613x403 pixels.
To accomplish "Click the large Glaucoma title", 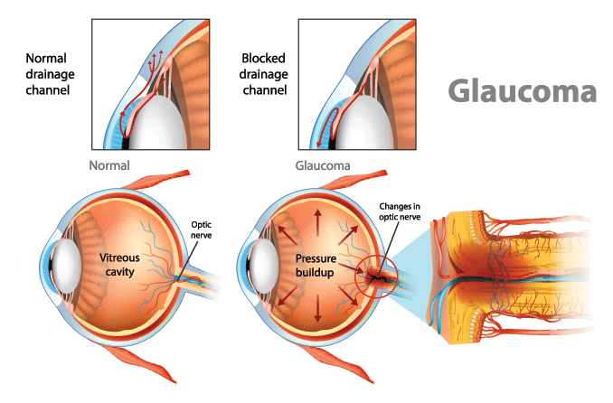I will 523,92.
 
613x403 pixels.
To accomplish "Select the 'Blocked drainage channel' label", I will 263,73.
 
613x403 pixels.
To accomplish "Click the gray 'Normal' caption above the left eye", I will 109,166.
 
